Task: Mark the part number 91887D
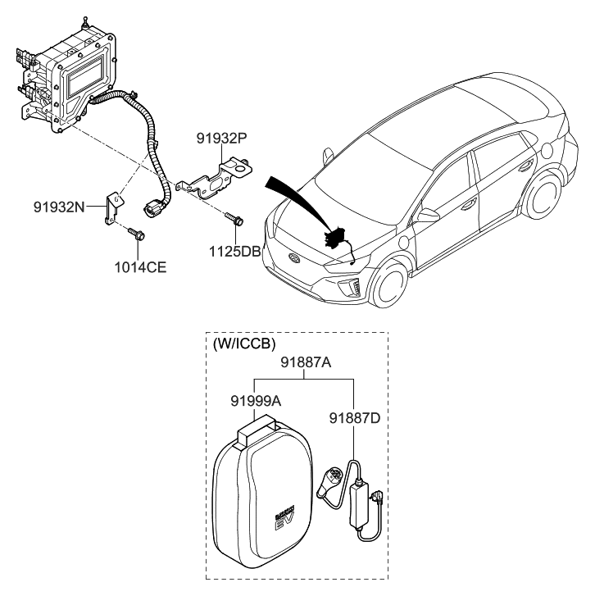(x=355, y=418)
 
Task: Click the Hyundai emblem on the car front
(x=293, y=257)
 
